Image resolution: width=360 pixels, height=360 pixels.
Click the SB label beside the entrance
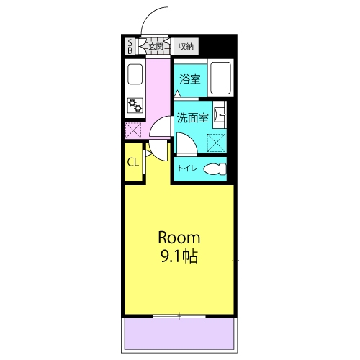[x=130, y=47]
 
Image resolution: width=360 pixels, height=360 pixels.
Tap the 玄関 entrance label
[x=156, y=46]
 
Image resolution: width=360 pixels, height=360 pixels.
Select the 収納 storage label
[x=186, y=46]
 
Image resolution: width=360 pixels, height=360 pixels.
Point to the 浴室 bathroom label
[x=190, y=79]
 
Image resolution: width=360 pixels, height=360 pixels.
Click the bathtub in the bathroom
[x=220, y=78]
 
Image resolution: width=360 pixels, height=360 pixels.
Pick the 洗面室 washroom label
[x=193, y=117]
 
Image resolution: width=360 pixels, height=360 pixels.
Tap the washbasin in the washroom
[x=220, y=114]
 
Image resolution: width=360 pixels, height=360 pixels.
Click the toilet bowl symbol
[x=215, y=168]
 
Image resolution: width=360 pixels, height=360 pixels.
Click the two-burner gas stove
[x=135, y=105]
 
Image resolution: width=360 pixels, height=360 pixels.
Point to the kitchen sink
[x=135, y=74]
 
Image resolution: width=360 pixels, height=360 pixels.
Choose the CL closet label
[x=133, y=163]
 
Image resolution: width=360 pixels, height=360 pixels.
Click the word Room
[x=179, y=238]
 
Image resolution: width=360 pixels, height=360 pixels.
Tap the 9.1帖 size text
[x=179, y=256]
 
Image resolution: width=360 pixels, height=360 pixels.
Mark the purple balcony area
[x=179, y=333]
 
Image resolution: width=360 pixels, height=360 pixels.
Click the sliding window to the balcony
[x=179, y=316]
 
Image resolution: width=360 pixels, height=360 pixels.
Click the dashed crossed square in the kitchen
[x=133, y=130]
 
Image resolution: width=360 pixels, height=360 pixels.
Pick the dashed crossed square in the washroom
[x=216, y=143]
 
